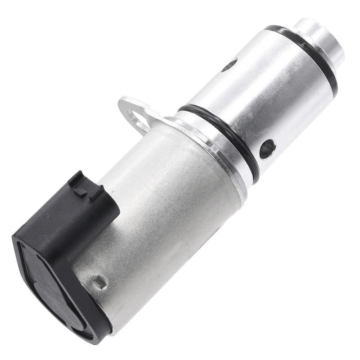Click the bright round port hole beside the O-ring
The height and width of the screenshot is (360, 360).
tap(267, 148)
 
